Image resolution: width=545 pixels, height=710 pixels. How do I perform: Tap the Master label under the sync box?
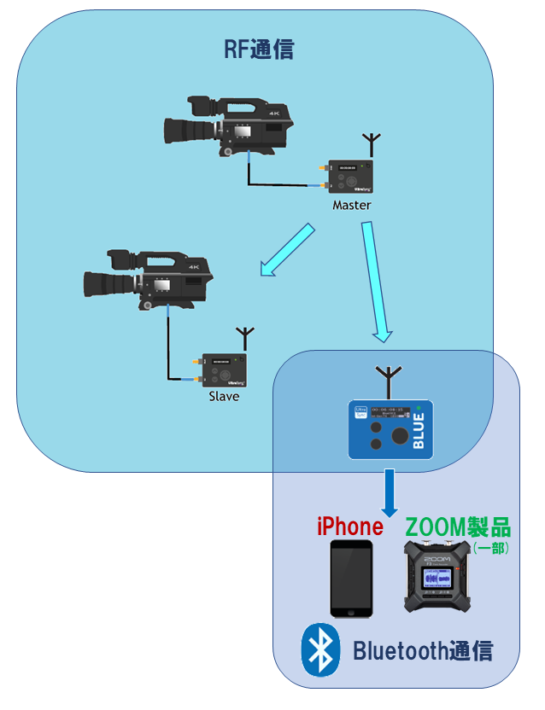tap(352, 206)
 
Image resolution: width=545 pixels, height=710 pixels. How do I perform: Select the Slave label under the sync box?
tap(224, 396)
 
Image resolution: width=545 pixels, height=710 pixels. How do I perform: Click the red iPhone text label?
tap(349, 526)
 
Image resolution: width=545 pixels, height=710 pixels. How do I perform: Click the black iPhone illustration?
tap(352, 578)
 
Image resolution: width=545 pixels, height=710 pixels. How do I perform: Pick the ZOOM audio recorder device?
tap(438, 578)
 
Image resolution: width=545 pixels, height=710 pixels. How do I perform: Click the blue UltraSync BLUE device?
tap(390, 428)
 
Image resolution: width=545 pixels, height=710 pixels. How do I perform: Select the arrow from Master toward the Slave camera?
tap(285, 252)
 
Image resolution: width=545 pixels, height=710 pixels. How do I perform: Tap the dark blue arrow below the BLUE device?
tap(390, 492)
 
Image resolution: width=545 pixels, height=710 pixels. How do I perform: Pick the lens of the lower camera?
tap(104, 282)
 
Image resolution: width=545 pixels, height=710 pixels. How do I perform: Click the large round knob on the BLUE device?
tap(399, 436)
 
